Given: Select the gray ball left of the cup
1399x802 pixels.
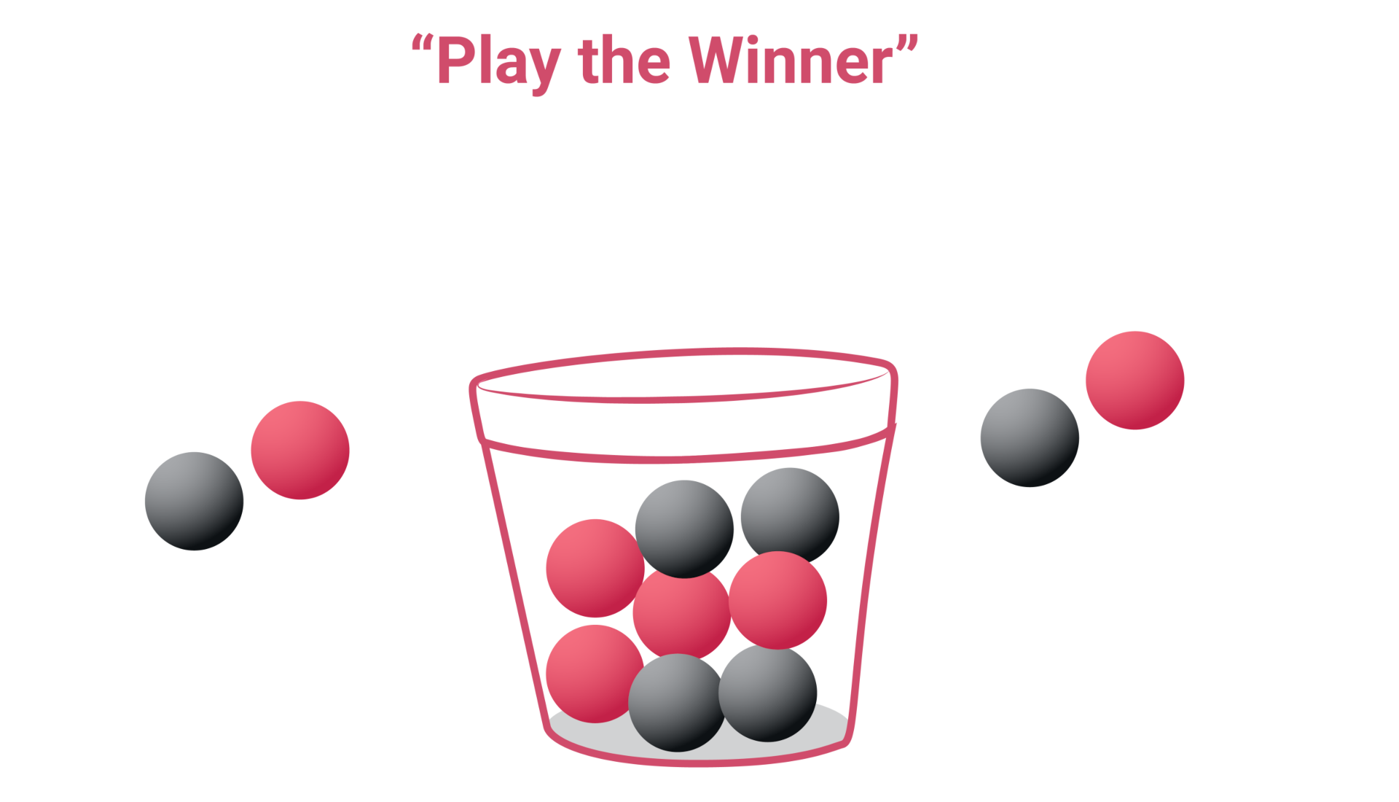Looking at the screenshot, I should point(194,501).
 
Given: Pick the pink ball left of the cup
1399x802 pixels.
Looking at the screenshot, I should point(300,450).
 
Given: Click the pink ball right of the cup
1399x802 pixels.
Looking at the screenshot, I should point(1135,380).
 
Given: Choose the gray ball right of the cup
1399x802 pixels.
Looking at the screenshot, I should point(1029,437).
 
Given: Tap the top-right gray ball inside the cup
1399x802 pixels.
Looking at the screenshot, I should point(790,514).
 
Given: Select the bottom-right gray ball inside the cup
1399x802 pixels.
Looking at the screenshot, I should point(769,693).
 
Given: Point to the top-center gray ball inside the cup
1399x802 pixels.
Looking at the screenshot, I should point(683,528).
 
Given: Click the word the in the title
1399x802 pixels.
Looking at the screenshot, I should point(624,63).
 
